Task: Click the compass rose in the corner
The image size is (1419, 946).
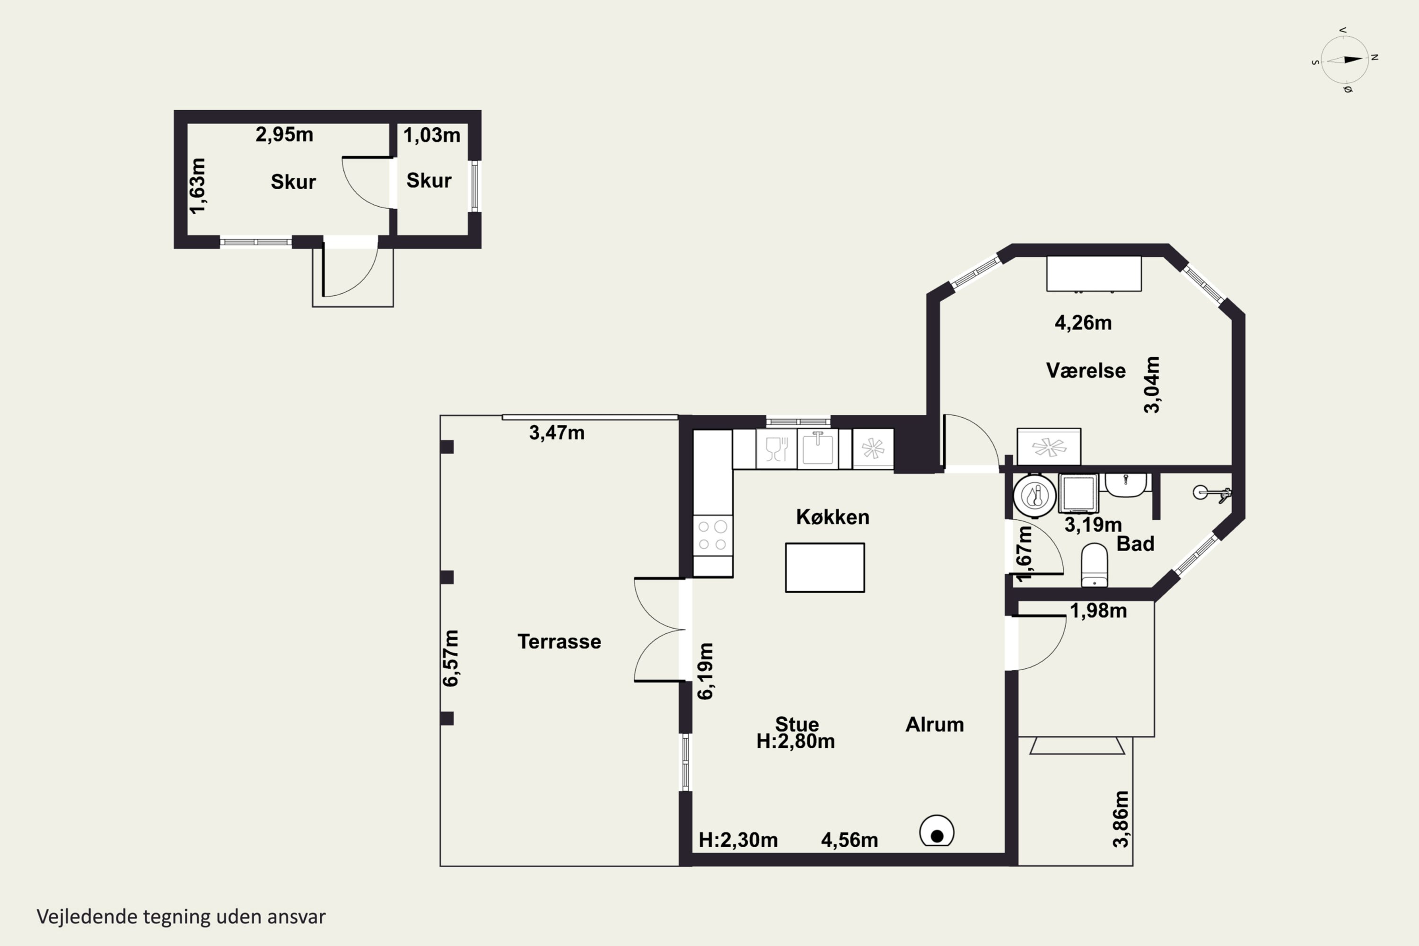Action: coord(1345,60)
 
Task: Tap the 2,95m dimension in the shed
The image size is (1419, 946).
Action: coord(284,134)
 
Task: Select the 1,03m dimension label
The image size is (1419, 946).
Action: coord(431,135)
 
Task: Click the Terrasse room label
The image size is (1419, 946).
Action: coord(559,641)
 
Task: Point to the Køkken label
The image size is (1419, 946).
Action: coord(832,517)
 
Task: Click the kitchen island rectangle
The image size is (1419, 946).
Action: coord(825,567)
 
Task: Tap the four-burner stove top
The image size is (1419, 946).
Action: coord(712,535)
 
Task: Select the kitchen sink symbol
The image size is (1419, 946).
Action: coord(817,448)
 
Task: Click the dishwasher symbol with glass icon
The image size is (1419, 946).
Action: coord(777,448)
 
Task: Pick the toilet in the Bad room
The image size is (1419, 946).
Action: coord(1094,565)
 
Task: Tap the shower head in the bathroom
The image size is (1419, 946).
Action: coord(1212,493)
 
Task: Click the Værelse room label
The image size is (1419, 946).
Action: coord(1086,370)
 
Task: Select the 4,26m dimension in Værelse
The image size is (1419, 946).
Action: coord(1083,323)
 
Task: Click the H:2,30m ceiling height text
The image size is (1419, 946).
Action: coord(738,840)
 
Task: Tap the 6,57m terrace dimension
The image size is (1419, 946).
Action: coord(451,658)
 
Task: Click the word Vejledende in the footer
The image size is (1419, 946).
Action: coord(87,917)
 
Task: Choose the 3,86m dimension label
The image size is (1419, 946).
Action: coord(1121,819)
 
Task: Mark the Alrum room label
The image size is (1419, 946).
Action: coord(935,725)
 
